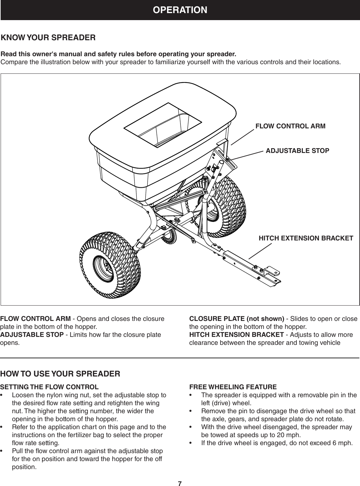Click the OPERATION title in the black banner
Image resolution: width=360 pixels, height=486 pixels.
click(x=180, y=10)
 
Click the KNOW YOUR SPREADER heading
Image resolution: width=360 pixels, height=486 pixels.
click(x=49, y=38)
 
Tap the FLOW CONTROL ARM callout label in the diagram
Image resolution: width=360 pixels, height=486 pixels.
click(x=290, y=126)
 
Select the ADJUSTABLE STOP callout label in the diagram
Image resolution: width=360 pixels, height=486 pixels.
click(x=297, y=151)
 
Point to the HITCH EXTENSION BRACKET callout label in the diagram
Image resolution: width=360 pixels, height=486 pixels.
click(x=306, y=238)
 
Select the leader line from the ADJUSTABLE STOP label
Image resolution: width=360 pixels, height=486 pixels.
click(x=248, y=155)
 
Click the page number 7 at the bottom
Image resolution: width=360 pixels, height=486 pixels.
click(x=180, y=483)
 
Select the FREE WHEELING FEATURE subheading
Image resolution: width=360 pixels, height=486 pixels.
click(x=233, y=387)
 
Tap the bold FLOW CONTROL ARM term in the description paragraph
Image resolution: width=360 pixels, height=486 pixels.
click(x=36, y=319)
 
